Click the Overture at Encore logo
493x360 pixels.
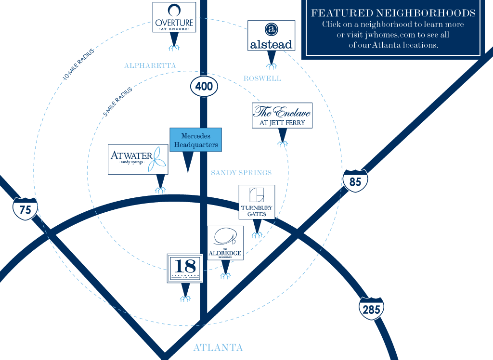174,17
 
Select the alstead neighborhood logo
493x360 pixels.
271,36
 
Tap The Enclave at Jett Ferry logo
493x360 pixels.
282,116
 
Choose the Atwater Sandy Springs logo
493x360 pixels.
138,159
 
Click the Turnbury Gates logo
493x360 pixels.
257,202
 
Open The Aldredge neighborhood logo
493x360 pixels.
225,243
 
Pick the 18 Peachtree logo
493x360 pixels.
185,269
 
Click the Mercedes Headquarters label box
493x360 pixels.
196,140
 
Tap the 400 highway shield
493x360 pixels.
204,87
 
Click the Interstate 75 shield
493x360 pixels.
25,208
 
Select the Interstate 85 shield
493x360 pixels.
355,181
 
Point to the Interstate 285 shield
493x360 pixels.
371,309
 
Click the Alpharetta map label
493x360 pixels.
150,65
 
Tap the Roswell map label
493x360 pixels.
262,78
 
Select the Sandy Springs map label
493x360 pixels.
241,172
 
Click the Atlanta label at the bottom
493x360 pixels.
218,347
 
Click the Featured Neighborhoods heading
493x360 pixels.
393,13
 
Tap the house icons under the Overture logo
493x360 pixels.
174,47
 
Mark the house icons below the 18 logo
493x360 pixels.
185,298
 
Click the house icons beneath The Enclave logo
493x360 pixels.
283,143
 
